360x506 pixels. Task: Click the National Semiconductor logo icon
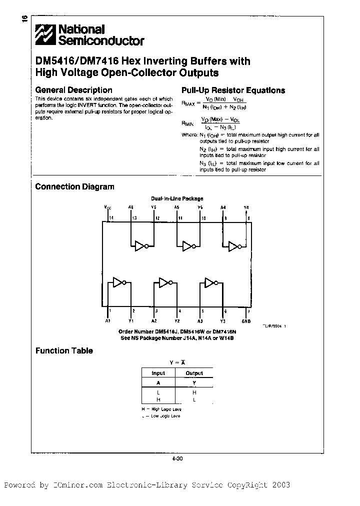(x=46, y=35)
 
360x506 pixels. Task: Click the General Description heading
(x=73, y=90)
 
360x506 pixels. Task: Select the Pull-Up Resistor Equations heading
(x=232, y=90)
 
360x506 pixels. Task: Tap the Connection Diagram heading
(x=74, y=186)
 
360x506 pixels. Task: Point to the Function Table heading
(x=64, y=350)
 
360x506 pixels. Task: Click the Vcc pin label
(x=108, y=207)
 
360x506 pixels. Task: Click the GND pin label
(x=246, y=320)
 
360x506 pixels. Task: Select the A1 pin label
(x=108, y=320)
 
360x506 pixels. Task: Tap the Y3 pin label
(x=223, y=320)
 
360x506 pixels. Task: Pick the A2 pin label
(x=154, y=320)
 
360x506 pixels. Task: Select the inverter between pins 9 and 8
(x=234, y=245)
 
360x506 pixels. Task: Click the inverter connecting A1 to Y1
(x=119, y=282)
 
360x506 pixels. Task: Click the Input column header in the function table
(x=158, y=373)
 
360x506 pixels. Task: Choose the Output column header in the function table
(x=194, y=373)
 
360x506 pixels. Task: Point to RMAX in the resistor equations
(x=188, y=103)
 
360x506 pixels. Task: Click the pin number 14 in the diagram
(x=111, y=218)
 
